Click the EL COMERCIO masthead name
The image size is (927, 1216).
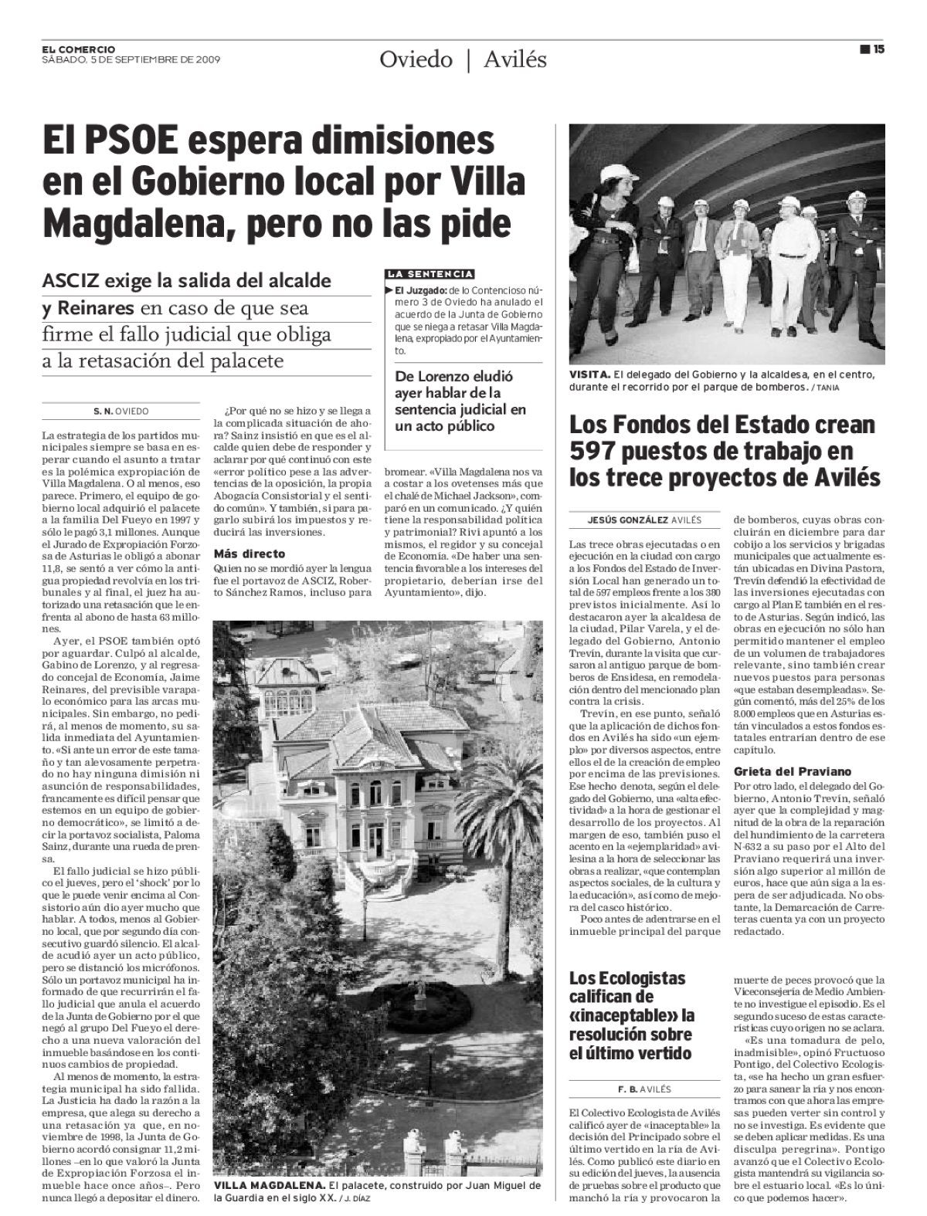79,49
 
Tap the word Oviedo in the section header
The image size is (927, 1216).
415,59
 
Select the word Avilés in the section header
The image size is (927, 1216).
514,59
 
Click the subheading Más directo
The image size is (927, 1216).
249,554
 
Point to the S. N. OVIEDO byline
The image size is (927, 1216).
121,412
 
